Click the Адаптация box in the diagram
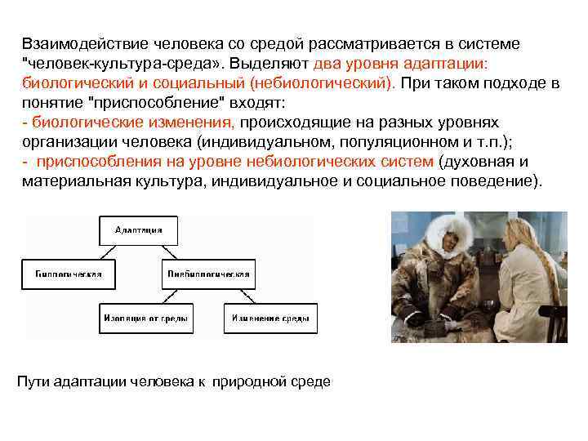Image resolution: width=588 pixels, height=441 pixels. (x=138, y=230)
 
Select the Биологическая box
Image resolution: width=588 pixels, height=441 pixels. (x=68, y=274)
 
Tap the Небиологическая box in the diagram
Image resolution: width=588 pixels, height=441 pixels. (x=210, y=274)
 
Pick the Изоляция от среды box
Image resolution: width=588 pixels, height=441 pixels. (x=146, y=318)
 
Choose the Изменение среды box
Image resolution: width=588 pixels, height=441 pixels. (x=271, y=318)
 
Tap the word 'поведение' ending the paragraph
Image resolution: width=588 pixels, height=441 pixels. (x=498, y=181)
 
